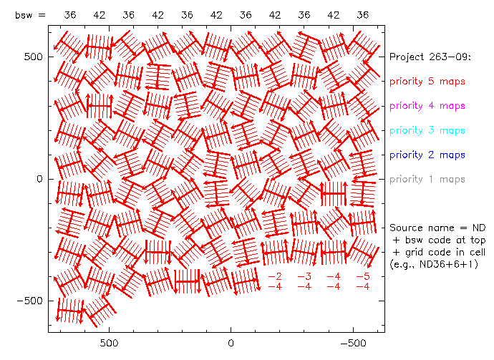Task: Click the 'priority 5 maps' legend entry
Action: point(427,81)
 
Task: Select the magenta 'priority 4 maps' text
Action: point(427,106)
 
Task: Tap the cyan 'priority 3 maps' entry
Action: point(427,130)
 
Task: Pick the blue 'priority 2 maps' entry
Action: point(427,155)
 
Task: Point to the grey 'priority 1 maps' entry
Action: point(427,179)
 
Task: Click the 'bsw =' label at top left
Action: point(30,14)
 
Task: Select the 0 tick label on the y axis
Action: point(40,179)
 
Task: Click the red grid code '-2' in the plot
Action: point(274,276)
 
